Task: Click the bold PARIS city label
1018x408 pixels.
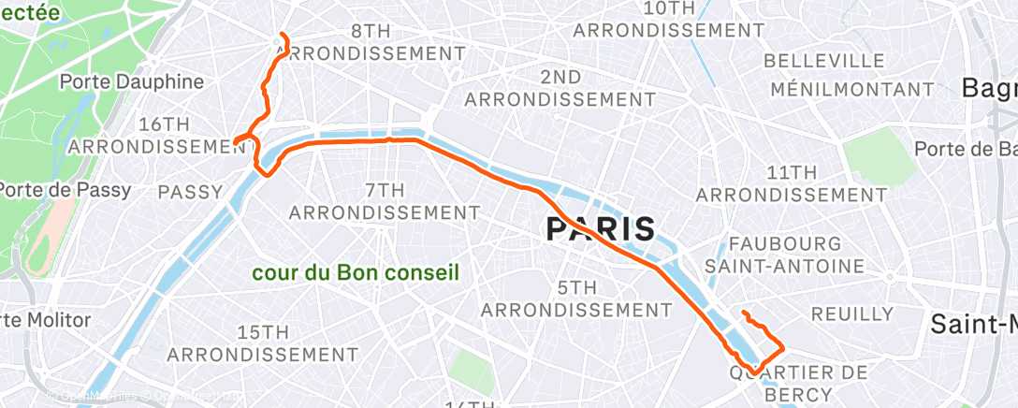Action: pyautogui.click(x=600, y=228)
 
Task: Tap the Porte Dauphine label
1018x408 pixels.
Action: pyautogui.click(x=131, y=81)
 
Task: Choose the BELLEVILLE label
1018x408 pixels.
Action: pyautogui.click(x=824, y=61)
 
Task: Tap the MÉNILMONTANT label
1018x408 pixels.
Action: pyautogui.click(x=851, y=90)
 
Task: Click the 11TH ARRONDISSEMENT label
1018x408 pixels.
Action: pyautogui.click(x=792, y=183)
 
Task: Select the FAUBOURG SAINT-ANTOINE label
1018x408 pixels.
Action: pyautogui.click(x=785, y=255)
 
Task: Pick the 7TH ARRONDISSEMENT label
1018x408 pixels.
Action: pyautogui.click(x=385, y=201)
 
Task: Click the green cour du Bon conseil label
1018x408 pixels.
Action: pyautogui.click(x=356, y=273)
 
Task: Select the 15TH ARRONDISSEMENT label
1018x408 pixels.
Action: pyautogui.click(x=262, y=343)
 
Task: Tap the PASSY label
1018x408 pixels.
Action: pyautogui.click(x=190, y=192)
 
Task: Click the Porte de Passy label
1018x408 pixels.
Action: pyautogui.click(x=65, y=189)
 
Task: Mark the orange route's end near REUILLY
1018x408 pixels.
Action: pyautogui.click(x=743, y=312)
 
